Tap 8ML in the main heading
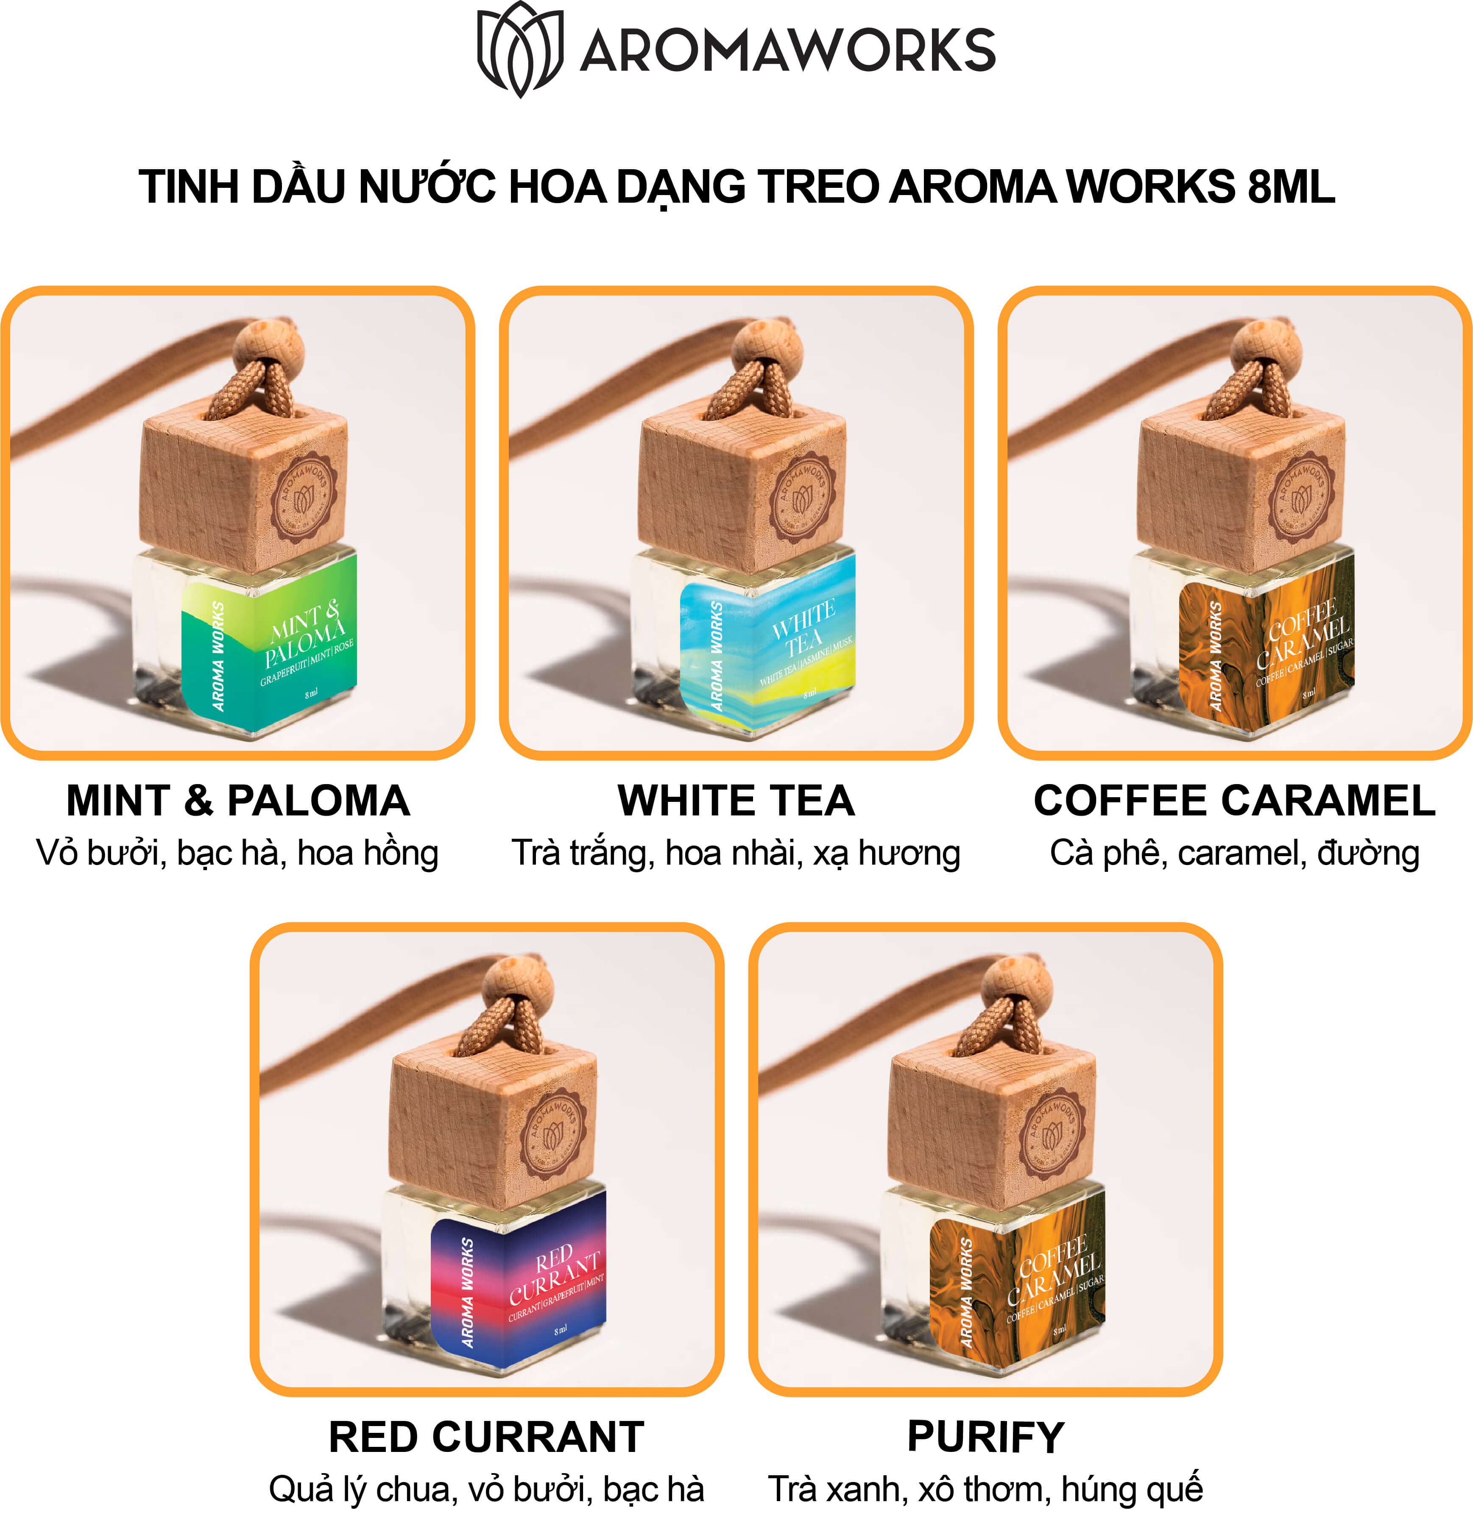1290,187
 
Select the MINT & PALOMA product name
237,801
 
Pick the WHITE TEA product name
736,801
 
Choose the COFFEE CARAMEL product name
1234,801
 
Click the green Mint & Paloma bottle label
269,648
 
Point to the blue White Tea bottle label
767,648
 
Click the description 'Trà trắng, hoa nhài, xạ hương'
736,853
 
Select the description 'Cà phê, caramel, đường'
1234,853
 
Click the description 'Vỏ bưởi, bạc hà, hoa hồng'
237,853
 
